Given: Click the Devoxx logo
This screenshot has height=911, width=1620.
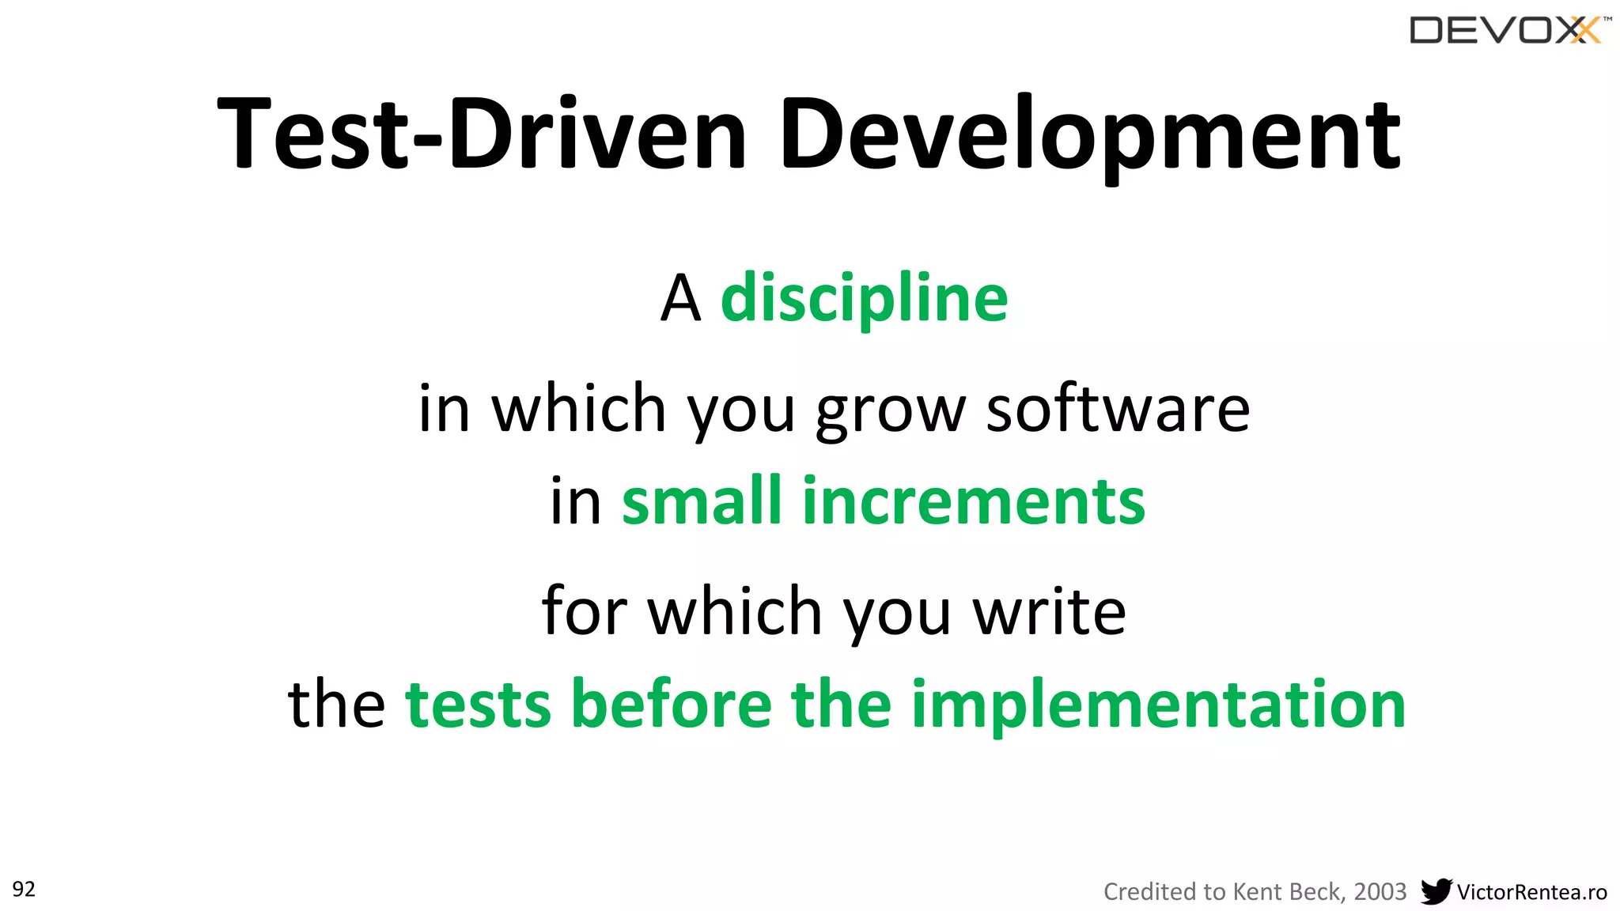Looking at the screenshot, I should pos(1508,31).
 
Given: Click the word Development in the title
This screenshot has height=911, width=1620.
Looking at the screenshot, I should pos(1090,134).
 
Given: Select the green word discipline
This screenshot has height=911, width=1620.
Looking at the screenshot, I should pos(864,299).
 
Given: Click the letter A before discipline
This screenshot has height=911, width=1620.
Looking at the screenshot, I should pos(680,300).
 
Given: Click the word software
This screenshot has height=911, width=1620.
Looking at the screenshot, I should pos(1117,409).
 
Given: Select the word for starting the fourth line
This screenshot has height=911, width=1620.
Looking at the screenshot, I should pos(584,610).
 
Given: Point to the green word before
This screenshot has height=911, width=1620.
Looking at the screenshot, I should pos(671,704).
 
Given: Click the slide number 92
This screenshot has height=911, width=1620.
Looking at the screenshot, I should pos(24,890).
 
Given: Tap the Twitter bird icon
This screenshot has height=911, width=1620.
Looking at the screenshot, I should pos(1436,891).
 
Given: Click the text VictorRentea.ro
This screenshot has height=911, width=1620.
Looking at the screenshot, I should pos(1531,893).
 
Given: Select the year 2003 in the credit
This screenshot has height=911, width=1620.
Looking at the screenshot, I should pos(1380,892).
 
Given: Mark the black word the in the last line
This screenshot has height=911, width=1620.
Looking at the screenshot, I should pos(336,704).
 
